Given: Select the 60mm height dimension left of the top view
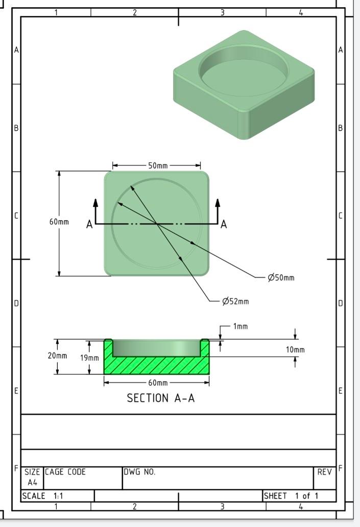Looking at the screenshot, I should pyautogui.click(x=59, y=222).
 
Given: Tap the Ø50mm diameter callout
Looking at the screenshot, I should pyautogui.click(x=281, y=278).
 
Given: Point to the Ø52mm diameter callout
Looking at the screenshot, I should pyautogui.click(x=236, y=302).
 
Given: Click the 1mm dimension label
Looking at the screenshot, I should pyautogui.click(x=241, y=326).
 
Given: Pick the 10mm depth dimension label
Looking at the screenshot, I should pyautogui.click(x=295, y=349).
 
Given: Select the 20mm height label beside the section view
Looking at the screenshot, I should pyautogui.click(x=57, y=356).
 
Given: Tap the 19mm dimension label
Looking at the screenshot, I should pyautogui.click(x=89, y=358).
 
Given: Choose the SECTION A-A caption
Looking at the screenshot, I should pyautogui.click(x=161, y=398).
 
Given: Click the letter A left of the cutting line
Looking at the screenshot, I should pyautogui.click(x=89, y=224).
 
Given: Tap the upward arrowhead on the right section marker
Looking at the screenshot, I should pyautogui.click(x=218, y=202).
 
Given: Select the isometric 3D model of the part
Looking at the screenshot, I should pyautogui.click(x=244, y=84).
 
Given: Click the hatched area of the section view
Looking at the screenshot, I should pyautogui.click(x=156, y=365).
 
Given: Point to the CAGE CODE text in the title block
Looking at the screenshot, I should pyautogui.click(x=65, y=472).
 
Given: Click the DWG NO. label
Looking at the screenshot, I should pyautogui.click(x=139, y=472).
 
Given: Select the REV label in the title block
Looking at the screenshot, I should pyautogui.click(x=324, y=472).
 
